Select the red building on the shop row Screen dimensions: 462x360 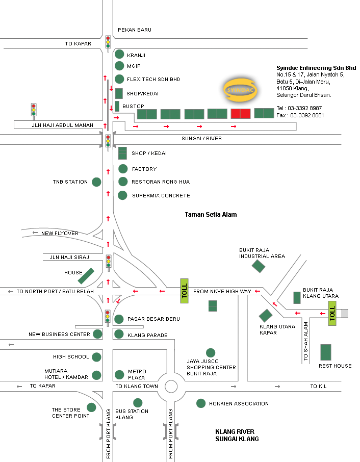click(241, 114)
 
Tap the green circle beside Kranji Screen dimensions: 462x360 click(119, 54)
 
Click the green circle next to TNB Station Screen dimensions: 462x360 click(96, 182)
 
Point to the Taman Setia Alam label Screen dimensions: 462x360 click(211, 215)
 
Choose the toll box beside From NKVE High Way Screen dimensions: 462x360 click(185, 292)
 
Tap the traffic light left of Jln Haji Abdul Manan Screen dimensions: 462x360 click(34, 110)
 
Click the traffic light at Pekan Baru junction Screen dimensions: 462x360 click(108, 42)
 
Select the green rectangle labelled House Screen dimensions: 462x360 click(86, 276)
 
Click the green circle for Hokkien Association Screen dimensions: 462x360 click(201, 403)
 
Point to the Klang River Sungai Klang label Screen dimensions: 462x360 click(237, 435)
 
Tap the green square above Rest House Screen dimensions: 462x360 click(325, 352)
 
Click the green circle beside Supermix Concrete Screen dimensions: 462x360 click(122, 195)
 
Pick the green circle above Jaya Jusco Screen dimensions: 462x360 click(210, 352)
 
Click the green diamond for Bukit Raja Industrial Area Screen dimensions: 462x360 click(259, 266)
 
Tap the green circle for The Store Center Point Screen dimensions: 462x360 click(91, 407)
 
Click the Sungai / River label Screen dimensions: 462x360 click(202, 139)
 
